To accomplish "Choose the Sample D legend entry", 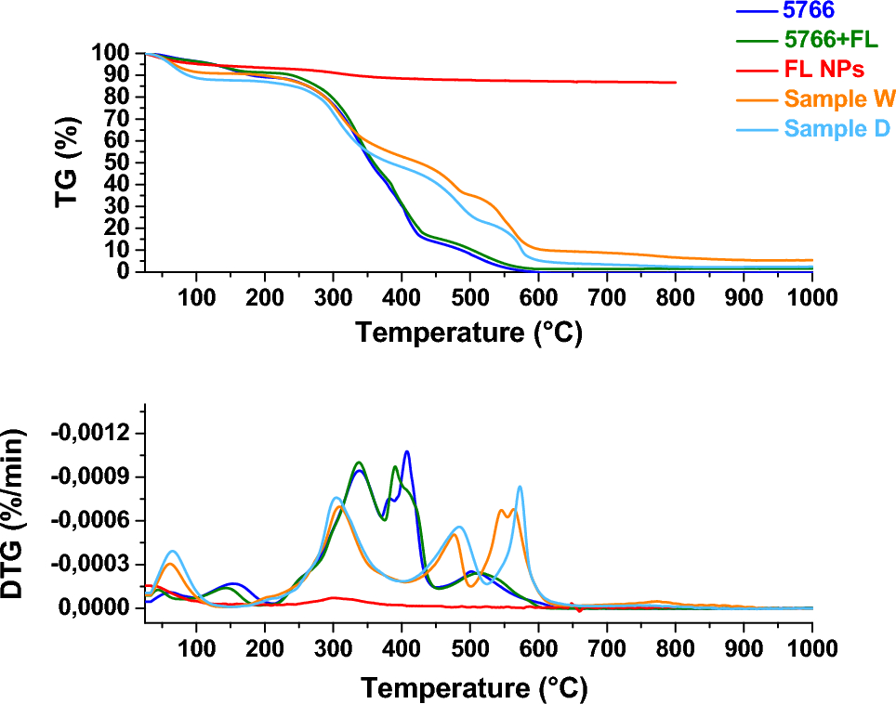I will (837, 128).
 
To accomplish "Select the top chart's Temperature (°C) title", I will (469, 332).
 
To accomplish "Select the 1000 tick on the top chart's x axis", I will (811, 297).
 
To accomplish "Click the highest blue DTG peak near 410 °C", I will (407, 451).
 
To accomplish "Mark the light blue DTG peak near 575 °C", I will (520, 486).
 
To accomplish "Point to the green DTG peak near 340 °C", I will (359, 462).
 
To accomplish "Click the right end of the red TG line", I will (675, 83).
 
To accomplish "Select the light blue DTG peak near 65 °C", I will (173, 551).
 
